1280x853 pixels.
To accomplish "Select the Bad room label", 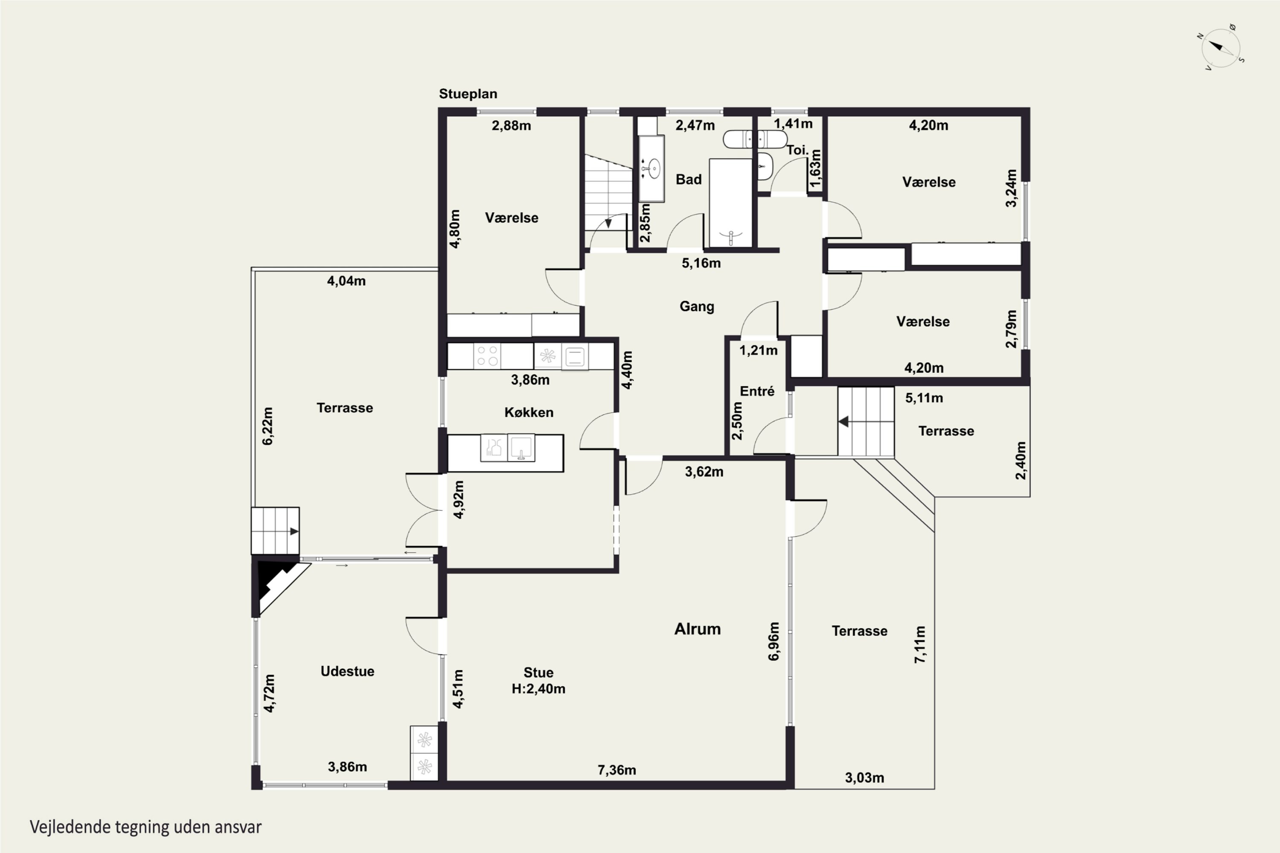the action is (x=689, y=180).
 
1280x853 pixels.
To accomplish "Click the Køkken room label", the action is (x=529, y=412).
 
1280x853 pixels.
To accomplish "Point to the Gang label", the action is (x=697, y=306).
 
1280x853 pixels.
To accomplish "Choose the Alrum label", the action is (x=697, y=629).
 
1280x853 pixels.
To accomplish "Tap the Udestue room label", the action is (x=347, y=671).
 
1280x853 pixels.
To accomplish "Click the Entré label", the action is (x=757, y=391).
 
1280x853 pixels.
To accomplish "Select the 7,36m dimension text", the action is (x=617, y=770).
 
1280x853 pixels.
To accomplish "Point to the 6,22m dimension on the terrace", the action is (x=268, y=426).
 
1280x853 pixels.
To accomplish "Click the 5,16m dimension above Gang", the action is (x=701, y=263).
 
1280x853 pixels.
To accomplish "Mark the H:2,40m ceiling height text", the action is (x=538, y=689).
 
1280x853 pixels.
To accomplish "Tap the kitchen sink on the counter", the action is (x=521, y=448).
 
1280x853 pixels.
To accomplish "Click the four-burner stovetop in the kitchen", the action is (x=488, y=356).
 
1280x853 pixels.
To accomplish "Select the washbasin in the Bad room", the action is (x=651, y=168).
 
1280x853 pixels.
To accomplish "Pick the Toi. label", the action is (x=797, y=150).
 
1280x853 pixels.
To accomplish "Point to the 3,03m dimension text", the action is (x=864, y=778).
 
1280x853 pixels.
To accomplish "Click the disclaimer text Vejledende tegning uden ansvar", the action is (x=146, y=827).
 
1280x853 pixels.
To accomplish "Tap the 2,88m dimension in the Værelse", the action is (x=511, y=126).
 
